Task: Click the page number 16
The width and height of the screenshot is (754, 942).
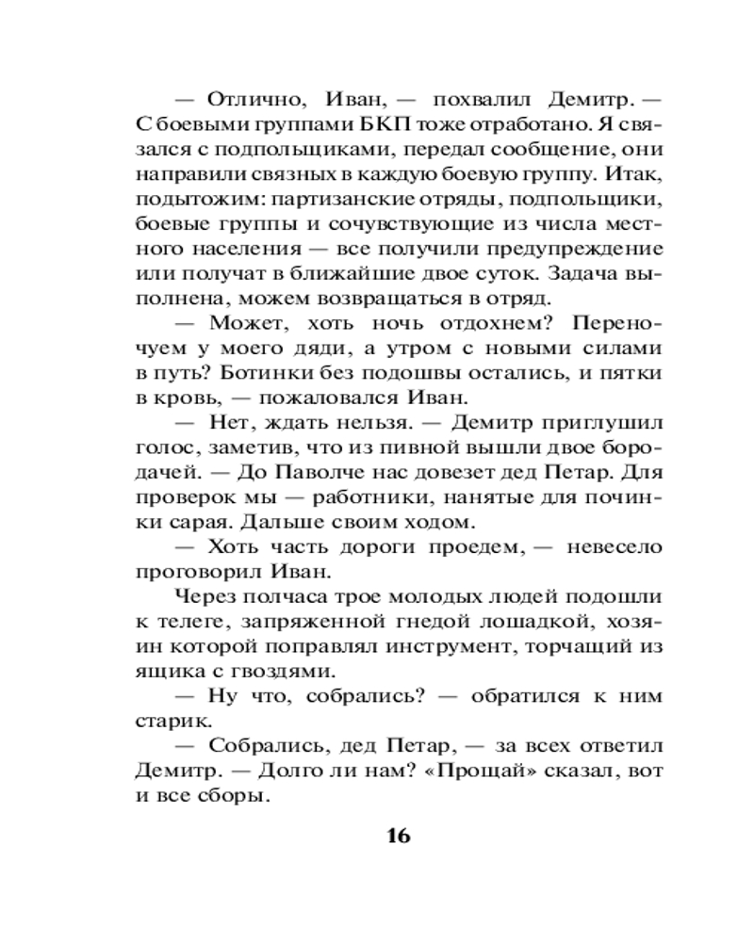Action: click(x=398, y=836)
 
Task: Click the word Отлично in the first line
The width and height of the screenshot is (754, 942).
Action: click(x=248, y=98)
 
